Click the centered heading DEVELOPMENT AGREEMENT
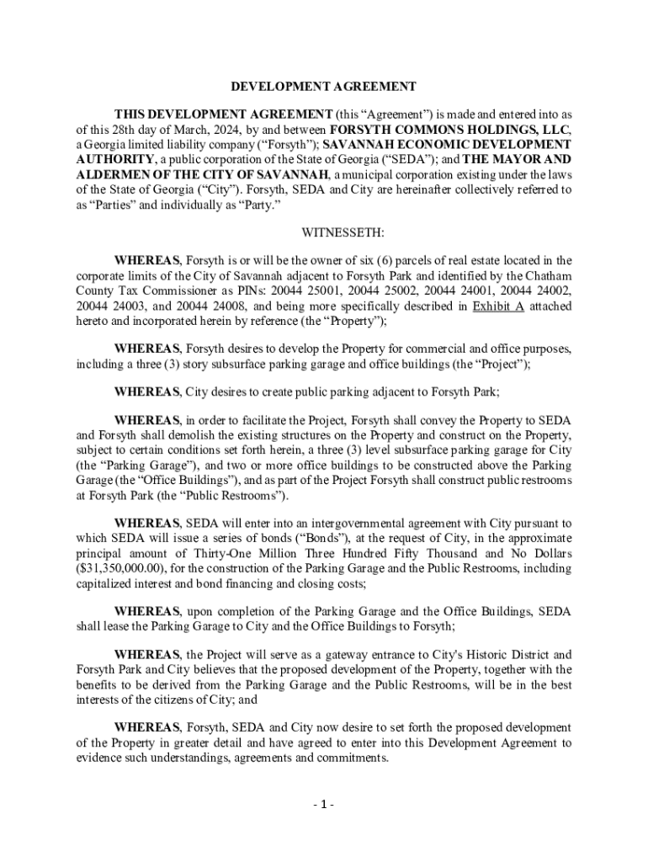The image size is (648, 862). click(x=323, y=87)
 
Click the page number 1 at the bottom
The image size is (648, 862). click(x=323, y=804)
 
